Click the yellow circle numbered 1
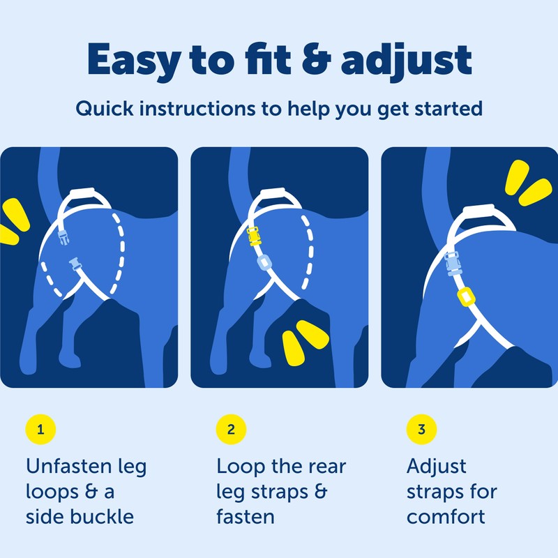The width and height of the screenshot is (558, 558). click(x=40, y=429)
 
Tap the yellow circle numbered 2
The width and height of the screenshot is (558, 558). click(x=231, y=429)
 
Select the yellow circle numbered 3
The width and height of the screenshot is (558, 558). click(x=421, y=429)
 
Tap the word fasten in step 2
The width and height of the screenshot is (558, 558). click(x=246, y=517)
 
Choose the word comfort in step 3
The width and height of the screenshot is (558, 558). click(x=446, y=518)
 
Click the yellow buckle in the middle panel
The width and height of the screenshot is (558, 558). click(x=255, y=236)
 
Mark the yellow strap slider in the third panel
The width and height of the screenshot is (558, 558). click(x=466, y=297)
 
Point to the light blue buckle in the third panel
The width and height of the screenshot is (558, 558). click(x=453, y=264)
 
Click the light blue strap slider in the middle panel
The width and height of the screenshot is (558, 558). click(x=264, y=263)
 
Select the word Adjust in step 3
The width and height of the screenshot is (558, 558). click(x=437, y=467)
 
